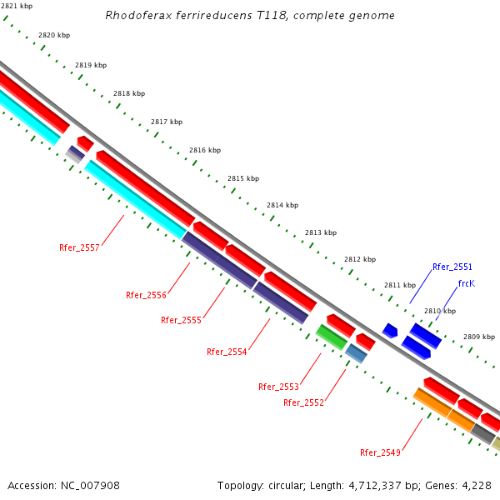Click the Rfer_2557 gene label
click(79, 248)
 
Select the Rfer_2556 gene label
click(146, 295)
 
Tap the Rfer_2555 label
click(181, 320)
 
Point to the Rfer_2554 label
click(227, 352)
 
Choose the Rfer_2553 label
click(278, 387)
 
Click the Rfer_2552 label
click(303, 402)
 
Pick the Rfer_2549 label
click(380, 452)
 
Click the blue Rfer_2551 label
click(452, 267)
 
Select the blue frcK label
click(466, 283)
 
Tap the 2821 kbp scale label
click(16, 6)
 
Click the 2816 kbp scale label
click(204, 151)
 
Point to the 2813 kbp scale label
click(320, 232)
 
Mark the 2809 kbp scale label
click(479, 337)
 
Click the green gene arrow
click(331, 337)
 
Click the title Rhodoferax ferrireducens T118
click(250, 16)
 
